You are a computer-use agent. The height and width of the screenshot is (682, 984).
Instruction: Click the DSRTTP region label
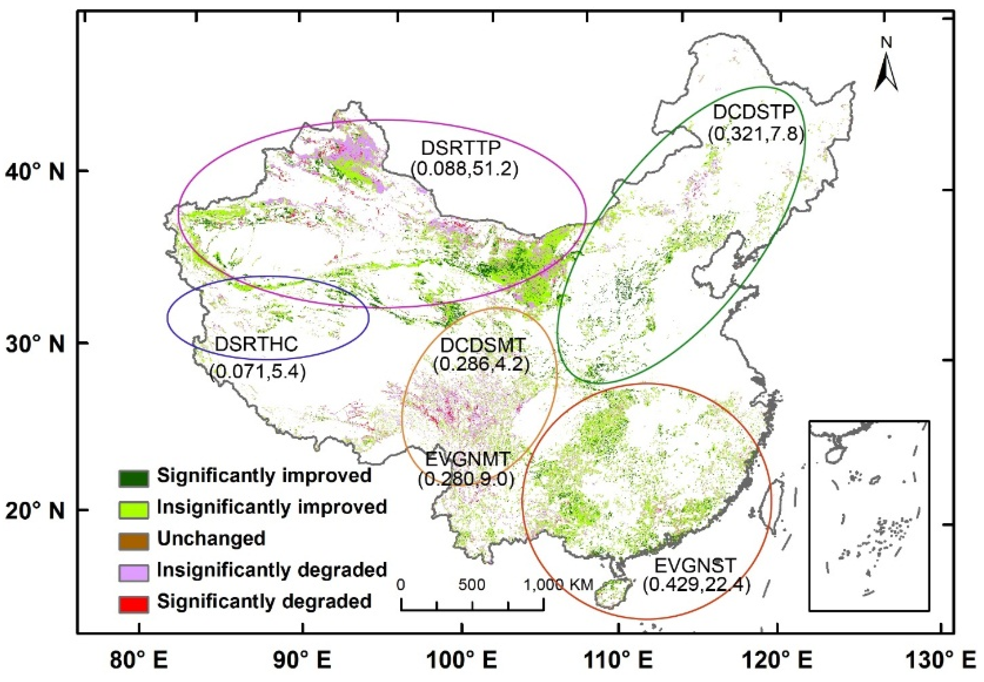point(460,148)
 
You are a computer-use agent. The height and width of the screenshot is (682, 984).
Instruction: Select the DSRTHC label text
point(256,344)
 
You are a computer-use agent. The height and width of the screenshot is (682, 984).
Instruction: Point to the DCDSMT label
point(483,345)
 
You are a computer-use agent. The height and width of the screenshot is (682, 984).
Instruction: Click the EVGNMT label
point(468,459)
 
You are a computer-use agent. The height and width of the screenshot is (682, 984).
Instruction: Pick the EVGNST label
point(695,566)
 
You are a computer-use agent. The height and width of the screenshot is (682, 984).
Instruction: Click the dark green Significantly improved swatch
point(134,478)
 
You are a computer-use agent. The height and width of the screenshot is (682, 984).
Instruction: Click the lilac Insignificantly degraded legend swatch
point(134,572)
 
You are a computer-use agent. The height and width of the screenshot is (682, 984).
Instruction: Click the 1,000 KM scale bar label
point(558,585)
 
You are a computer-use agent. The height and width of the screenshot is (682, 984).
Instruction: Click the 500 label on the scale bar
point(472,585)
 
